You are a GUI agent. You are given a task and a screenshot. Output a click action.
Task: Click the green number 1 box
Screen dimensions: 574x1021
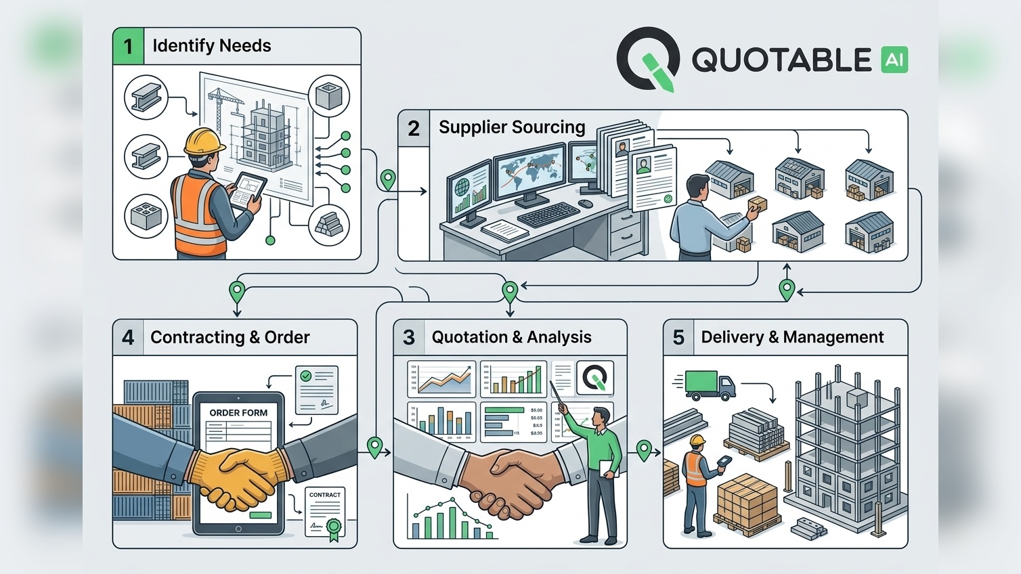point(128,47)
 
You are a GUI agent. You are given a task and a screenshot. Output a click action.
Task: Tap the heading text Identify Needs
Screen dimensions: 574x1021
point(211,46)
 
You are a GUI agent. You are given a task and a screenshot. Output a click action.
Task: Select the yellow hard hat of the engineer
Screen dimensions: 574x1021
point(204,141)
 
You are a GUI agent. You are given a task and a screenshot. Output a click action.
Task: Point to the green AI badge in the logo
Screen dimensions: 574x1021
point(894,60)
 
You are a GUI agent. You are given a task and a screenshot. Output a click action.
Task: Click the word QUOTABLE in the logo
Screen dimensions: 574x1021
point(781,60)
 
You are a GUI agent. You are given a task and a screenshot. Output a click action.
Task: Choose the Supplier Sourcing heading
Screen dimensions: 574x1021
point(512,127)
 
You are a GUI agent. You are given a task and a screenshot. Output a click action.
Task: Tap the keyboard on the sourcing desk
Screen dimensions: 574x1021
point(548,215)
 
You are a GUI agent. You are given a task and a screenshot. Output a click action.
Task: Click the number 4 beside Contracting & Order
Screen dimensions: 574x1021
point(128,337)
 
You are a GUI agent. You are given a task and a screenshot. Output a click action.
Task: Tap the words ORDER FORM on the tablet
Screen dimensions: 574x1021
point(238,412)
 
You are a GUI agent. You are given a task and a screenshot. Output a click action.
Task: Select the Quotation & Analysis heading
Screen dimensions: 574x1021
point(511,337)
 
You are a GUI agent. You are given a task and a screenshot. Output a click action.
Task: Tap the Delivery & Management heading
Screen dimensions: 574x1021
point(792,337)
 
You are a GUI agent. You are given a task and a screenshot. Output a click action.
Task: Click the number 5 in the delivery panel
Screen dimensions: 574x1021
point(678,337)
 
